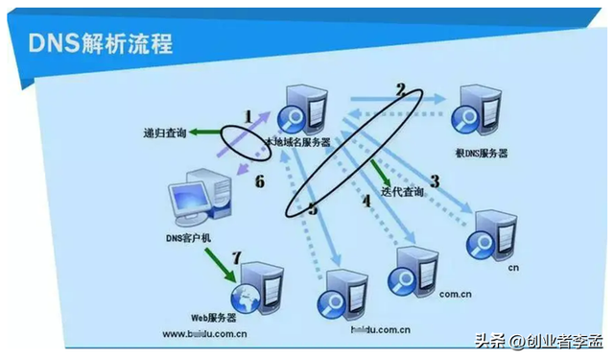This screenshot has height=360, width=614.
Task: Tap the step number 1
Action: click(x=248, y=116)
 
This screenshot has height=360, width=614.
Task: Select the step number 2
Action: click(x=400, y=89)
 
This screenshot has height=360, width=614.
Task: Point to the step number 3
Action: click(x=434, y=180)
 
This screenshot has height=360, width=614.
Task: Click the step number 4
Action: click(x=365, y=201)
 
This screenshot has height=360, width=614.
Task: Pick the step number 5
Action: click(x=312, y=205)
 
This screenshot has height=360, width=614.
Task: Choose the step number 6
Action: click(x=258, y=180)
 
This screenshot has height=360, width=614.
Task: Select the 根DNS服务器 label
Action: click(x=482, y=153)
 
